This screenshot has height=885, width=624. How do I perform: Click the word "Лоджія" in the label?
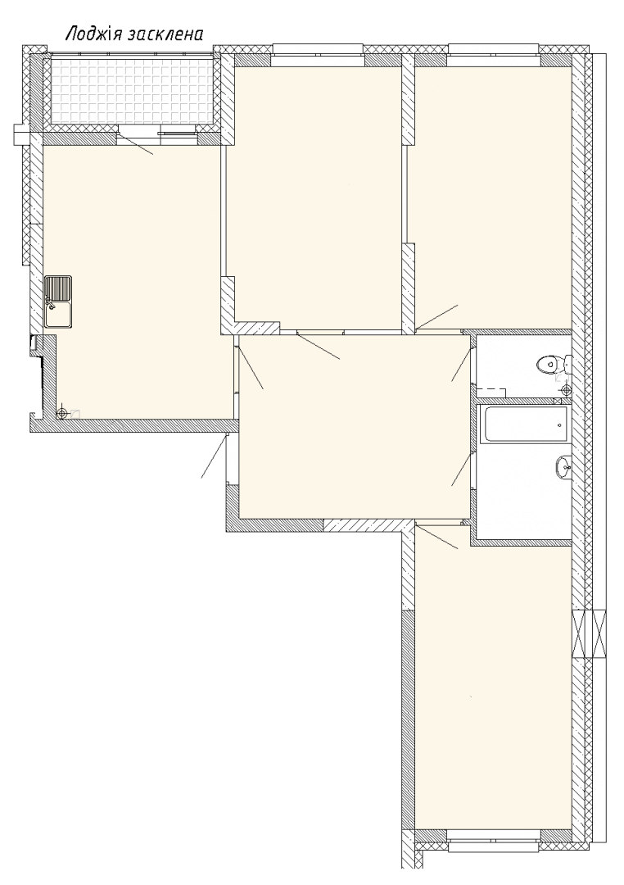(x=93, y=35)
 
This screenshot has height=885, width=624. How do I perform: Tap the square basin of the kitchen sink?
(x=59, y=315)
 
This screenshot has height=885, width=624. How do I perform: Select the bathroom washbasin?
(x=563, y=467)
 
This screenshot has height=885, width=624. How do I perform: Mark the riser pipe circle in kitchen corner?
(x=62, y=413)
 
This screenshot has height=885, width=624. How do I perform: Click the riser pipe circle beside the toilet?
(x=567, y=388)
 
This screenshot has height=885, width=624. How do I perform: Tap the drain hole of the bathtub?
(x=558, y=424)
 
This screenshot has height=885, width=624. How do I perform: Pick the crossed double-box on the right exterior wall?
(x=590, y=633)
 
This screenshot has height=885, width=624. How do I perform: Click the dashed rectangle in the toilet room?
(x=491, y=393)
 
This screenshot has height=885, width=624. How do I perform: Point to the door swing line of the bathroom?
(x=461, y=469)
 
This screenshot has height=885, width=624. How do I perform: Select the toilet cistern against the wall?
(x=567, y=364)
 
